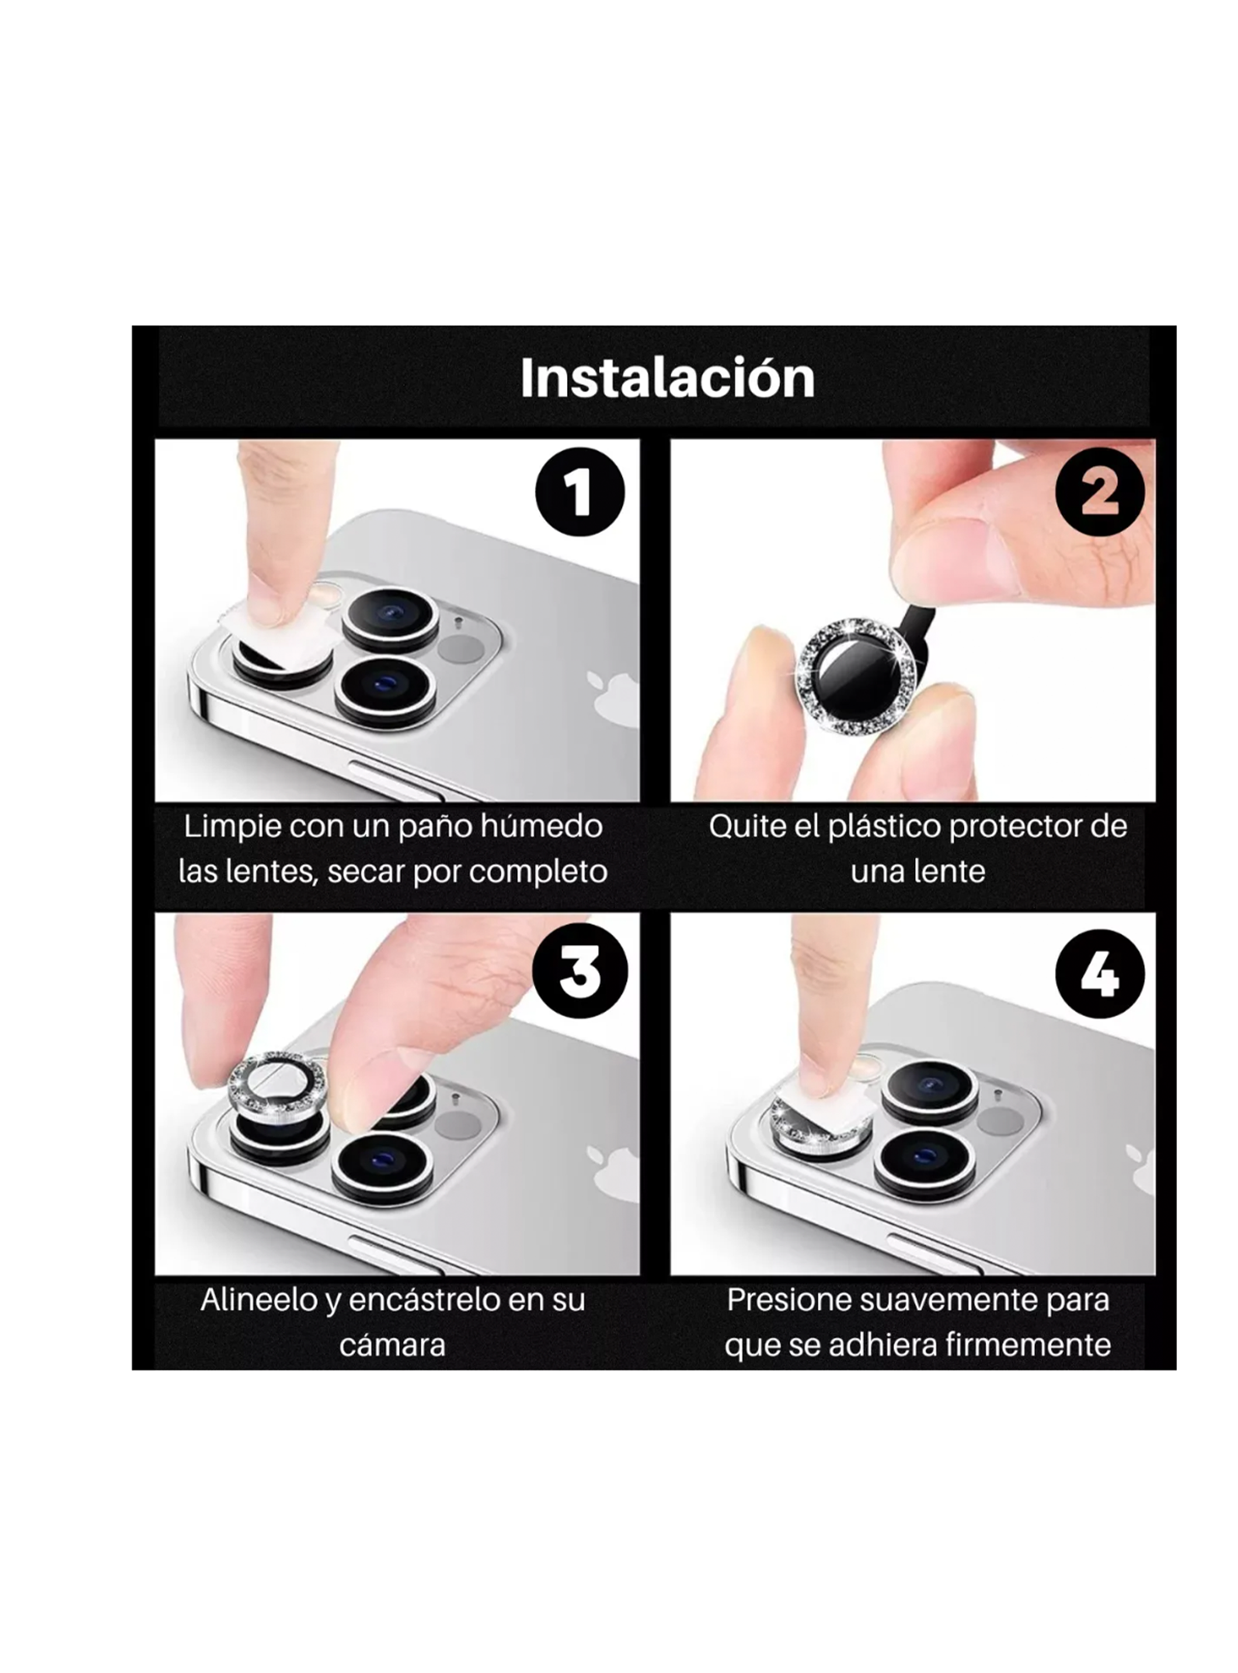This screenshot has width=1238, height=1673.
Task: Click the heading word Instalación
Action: coord(667,378)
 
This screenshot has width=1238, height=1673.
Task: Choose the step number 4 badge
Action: coord(1099,974)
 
